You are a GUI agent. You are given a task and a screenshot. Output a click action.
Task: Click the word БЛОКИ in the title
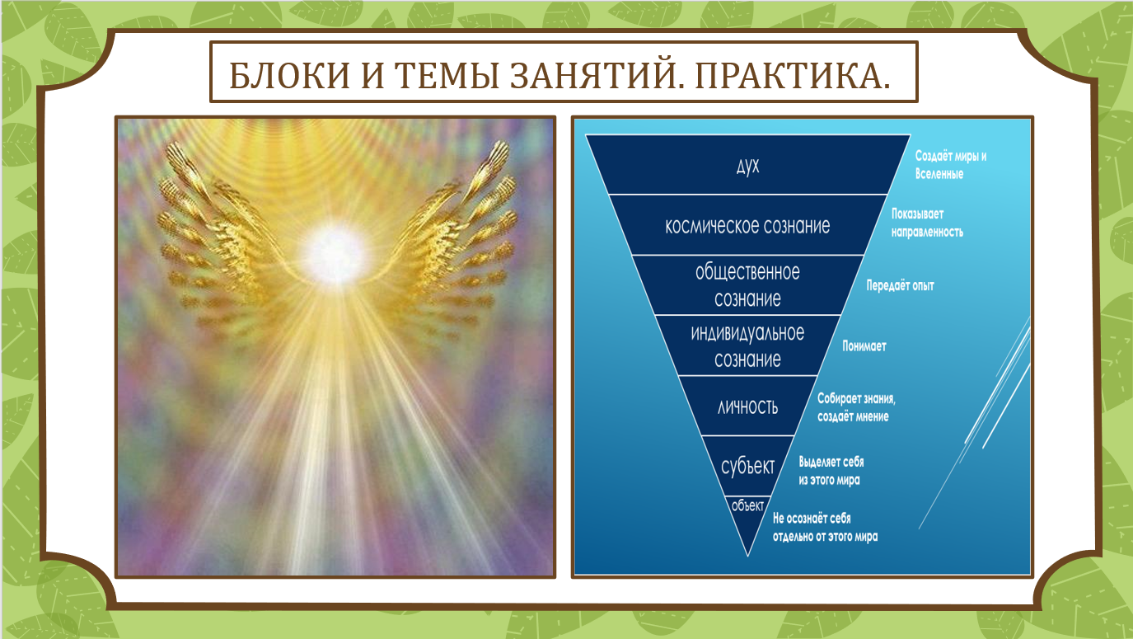coord(289,76)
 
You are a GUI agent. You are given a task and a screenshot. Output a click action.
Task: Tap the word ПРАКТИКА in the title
coord(792,76)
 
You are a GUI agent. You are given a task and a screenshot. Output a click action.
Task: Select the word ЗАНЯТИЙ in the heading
coord(597,76)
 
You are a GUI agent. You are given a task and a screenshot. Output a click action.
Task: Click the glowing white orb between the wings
coord(334,252)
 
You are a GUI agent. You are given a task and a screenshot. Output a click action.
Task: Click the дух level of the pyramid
coord(747,166)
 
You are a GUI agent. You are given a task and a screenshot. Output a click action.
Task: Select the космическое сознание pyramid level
coord(747,225)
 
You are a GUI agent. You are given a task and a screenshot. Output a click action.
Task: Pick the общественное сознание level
coord(747,285)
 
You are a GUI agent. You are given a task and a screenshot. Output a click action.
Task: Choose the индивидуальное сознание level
coord(747,345)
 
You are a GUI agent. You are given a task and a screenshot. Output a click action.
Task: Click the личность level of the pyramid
coord(747,406)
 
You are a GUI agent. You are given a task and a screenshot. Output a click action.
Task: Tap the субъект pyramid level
coord(747,466)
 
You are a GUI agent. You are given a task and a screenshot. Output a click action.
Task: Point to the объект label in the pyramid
coord(747,505)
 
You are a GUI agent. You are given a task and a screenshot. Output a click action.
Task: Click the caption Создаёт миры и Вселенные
coord(951,165)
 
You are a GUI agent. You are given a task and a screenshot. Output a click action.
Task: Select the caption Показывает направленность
coord(927,223)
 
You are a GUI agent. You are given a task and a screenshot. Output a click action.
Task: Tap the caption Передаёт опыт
coord(901,285)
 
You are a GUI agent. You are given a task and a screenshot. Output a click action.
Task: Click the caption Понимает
coord(864,346)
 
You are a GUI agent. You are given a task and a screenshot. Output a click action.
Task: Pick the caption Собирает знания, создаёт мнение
coord(856,407)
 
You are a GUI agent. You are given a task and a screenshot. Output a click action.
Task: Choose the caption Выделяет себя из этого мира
coord(831,471)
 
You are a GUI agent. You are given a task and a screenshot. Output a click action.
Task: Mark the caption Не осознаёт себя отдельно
coord(825,527)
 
